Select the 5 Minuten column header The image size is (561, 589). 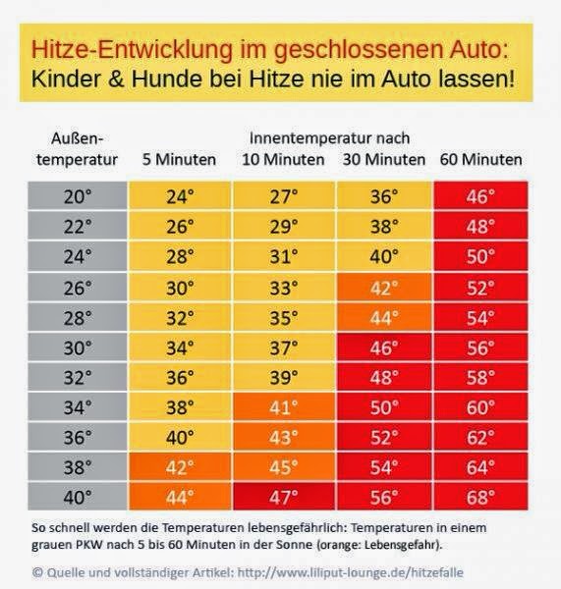click(179, 159)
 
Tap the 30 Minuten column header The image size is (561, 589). click(384, 159)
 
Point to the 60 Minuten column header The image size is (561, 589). click(482, 159)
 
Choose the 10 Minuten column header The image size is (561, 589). click(284, 159)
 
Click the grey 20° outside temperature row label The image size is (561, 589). click(78, 196)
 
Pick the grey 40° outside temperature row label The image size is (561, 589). click(78, 496)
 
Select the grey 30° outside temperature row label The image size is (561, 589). click(78, 346)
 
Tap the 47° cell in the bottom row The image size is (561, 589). click(283, 496)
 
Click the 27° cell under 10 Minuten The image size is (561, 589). click(283, 196)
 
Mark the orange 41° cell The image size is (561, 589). click(283, 405)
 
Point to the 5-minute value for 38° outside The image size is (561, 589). click(180, 466)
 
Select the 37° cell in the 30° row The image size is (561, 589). click(283, 346)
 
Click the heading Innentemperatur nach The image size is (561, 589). click(330, 137)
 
